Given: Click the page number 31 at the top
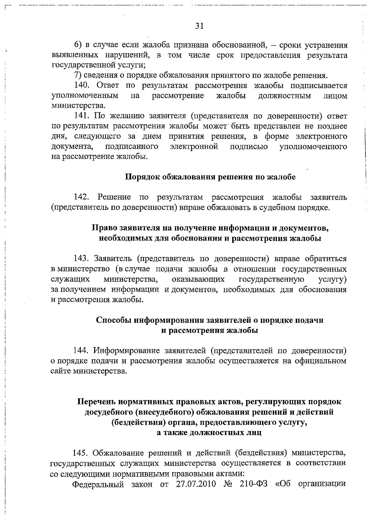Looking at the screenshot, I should coord(199,26).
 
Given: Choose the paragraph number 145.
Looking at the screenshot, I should coord(81,453).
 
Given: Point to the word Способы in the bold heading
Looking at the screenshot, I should coord(113,320).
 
